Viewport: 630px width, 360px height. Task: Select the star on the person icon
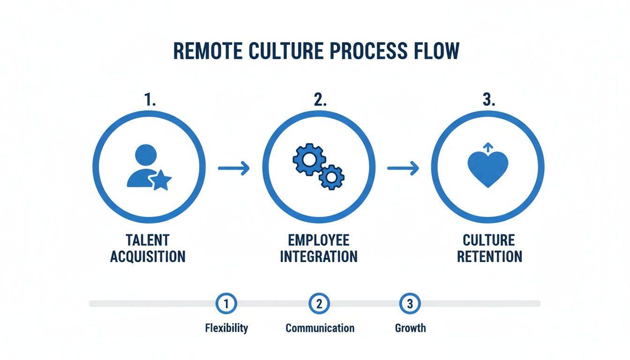point(161,180)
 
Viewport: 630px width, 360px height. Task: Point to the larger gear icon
point(309,160)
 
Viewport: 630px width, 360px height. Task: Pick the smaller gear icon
point(331,177)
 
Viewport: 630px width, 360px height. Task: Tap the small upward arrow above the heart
point(488,147)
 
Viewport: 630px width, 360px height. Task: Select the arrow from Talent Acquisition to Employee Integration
point(234,168)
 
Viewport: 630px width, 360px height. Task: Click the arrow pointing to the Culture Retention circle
point(403,168)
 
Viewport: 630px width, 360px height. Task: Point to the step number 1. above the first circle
point(150,99)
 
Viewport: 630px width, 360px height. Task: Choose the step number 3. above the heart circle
point(489,99)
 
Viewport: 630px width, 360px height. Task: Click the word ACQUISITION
point(148,256)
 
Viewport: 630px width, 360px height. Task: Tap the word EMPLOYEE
point(319,240)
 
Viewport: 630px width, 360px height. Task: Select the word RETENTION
point(489,256)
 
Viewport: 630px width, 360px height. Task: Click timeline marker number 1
point(226,304)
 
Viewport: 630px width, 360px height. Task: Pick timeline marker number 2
point(319,304)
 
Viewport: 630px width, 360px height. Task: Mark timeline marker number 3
point(410,304)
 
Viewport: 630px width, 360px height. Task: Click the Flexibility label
point(226,328)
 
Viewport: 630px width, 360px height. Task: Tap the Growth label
point(410,328)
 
